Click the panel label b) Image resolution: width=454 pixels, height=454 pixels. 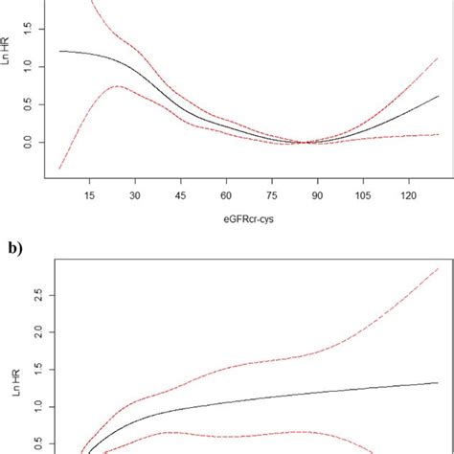12,248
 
